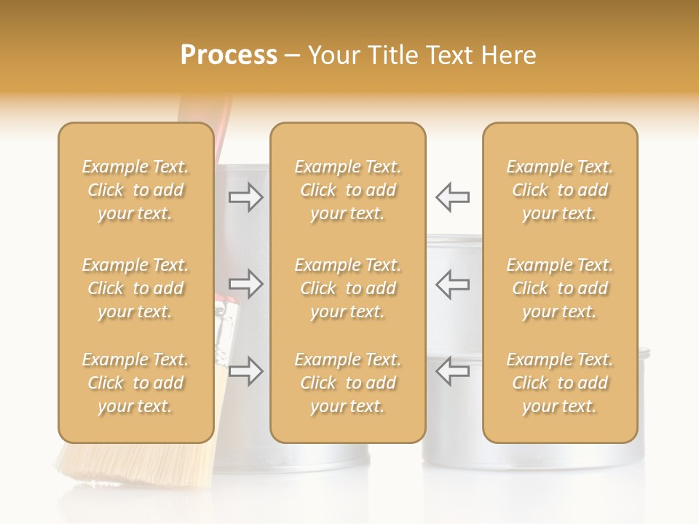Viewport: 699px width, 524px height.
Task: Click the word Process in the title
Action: [229, 55]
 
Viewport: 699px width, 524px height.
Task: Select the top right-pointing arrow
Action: [246, 196]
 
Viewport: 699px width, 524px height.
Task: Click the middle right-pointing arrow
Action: [246, 284]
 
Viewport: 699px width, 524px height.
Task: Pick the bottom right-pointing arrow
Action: [246, 371]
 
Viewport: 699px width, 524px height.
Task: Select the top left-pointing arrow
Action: [453, 196]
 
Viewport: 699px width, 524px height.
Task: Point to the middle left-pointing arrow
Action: [453, 284]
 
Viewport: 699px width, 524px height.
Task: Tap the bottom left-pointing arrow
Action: [453, 371]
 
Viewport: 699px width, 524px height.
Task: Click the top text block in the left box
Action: [135, 190]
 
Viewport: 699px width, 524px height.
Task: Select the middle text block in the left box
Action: [135, 288]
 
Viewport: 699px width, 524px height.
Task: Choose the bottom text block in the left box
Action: [135, 383]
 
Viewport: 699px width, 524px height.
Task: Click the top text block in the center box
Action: [348, 190]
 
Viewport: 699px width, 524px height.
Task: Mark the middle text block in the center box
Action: [348, 288]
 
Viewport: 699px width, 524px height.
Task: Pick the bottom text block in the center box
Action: [348, 383]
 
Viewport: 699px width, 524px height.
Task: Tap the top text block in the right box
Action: [560, 190]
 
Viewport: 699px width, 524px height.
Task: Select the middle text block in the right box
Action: [560, 288]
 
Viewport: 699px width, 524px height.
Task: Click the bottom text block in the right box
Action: [560, 383]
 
